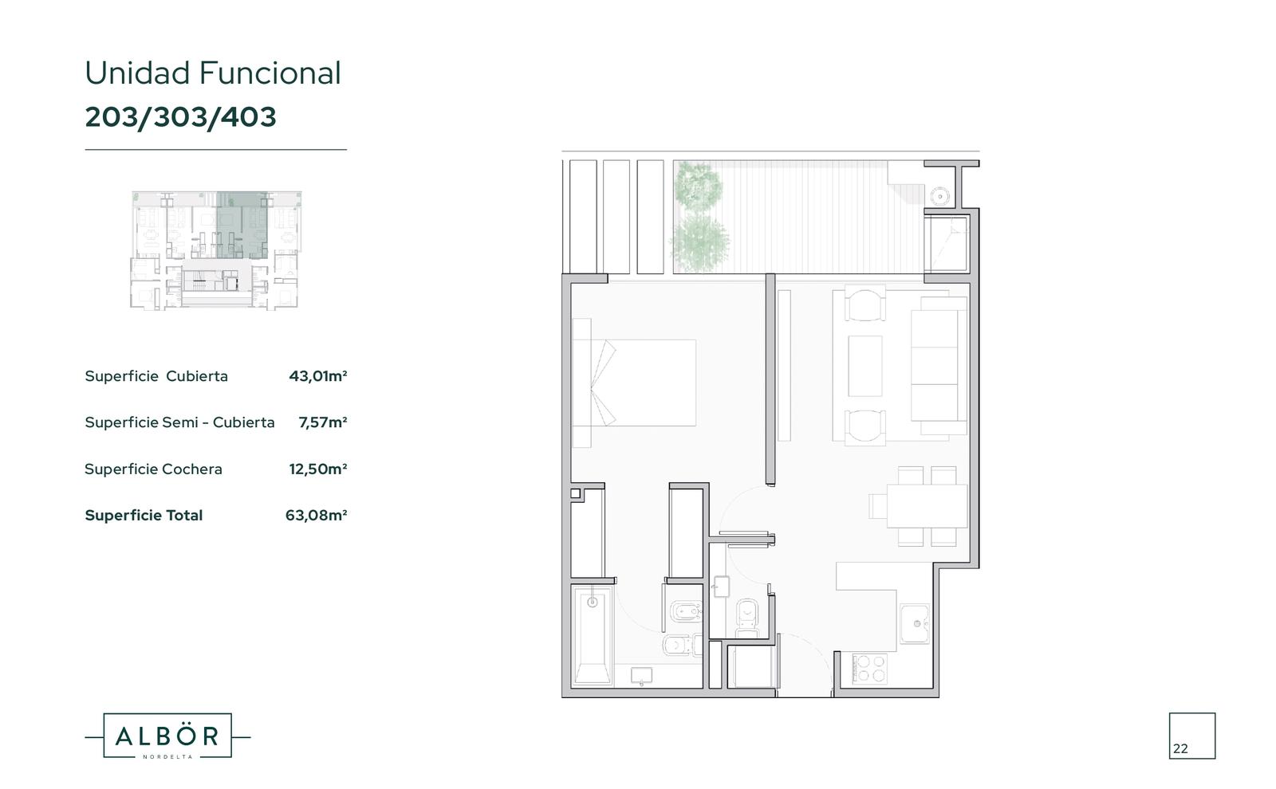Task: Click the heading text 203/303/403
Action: pos(180,117)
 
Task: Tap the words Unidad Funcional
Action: pos(213,73)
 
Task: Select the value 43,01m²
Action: pos(318,376)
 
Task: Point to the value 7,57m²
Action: pos(322,422)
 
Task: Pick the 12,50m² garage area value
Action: pos(318,469)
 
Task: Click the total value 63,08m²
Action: pos(316,515)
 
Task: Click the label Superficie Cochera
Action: pos(153,469)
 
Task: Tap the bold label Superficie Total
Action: pos(144,515)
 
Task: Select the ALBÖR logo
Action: pos(167,736)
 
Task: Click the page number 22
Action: pos(1180,748)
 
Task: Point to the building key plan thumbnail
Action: pos(216,250)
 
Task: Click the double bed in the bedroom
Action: pos(634,383)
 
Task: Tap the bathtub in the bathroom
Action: pos(593,635)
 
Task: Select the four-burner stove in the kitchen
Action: pos(870,669)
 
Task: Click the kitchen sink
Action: pos(915,624)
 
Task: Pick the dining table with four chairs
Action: pos(918,506)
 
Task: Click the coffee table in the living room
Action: pos(864,366)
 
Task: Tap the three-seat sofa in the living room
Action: pos(938,366)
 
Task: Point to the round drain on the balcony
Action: pos(939,196)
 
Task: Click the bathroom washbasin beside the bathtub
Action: pos(642,676)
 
